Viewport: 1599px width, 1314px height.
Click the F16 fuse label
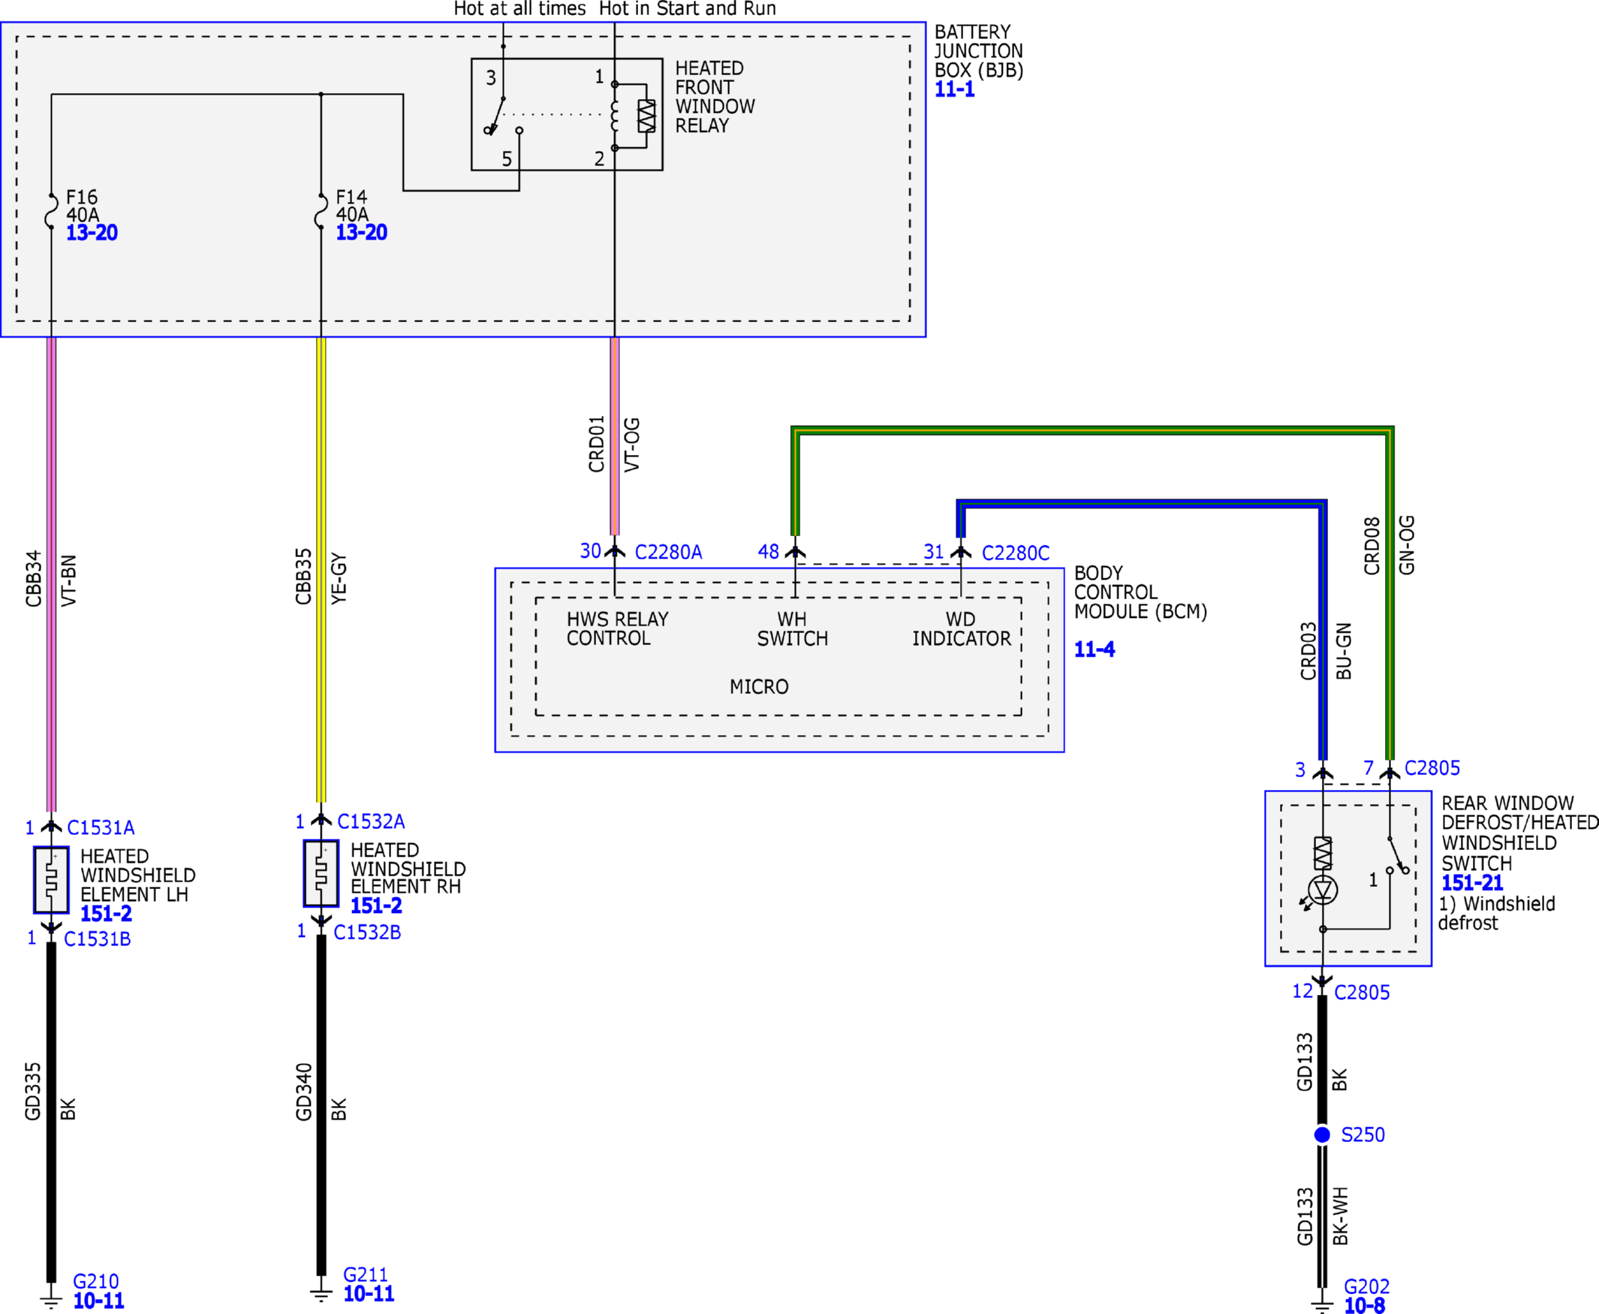coord(82,197)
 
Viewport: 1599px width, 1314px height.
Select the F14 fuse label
coord(351,197)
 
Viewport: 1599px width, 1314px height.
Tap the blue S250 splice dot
coord(1322,1135)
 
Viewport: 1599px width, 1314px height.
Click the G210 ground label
coord(95,1282)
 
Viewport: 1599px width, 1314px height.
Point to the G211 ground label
coord(366,1275)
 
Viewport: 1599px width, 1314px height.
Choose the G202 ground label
coord(1367,1287)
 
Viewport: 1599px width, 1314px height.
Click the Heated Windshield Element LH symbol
coord(52,879)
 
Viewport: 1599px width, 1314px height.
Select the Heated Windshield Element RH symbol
coord(321,873)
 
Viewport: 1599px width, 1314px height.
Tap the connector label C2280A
coord(668,553)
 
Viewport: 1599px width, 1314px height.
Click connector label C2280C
coord(1016,553)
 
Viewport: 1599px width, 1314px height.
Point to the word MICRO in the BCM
coord(759,686)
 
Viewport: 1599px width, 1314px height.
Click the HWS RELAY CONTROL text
coord(618,628)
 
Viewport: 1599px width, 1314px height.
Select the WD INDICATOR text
coord(961,629)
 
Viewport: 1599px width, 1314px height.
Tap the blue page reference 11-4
coord(1095,649)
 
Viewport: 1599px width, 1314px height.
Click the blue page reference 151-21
coord(1472,882)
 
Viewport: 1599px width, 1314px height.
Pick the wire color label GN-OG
coord(1407,545)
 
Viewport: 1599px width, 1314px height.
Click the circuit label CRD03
coord(1308,651)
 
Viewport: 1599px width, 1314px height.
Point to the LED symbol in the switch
coord(1322,891)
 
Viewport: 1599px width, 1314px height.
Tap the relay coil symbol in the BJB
coord(615,116)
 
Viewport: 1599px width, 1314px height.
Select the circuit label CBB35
coord(303,577)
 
